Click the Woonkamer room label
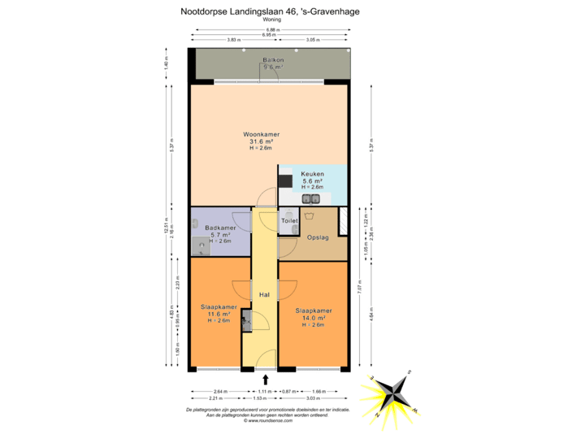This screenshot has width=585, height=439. tap(261, 134)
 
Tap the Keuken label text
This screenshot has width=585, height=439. tap(313, 174)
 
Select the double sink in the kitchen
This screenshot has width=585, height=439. tap(311, 198)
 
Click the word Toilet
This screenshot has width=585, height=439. tap(289, 220)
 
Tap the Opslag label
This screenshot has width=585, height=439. tap(318, 237)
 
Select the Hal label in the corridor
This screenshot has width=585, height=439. tap(264, 294)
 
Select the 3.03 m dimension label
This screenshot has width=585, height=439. tap(312, 398)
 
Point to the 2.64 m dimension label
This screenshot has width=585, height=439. tap(219, 392)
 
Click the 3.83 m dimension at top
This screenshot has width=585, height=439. tap(233, 40)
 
